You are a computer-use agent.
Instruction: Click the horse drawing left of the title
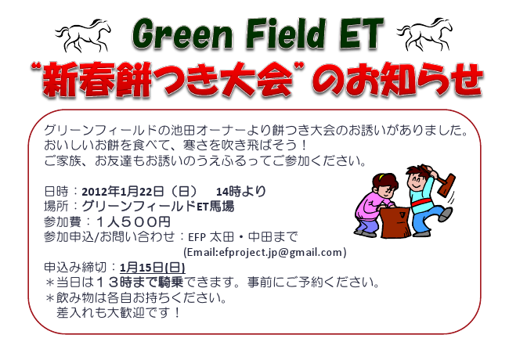pyautogui.click(x=83, y=34)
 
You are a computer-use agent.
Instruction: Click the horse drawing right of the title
pyautogui.click(x=424, y=34)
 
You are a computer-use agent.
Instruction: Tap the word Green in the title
pyautogui.click(x=182, y=34)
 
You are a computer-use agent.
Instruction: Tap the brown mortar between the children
pyautogui.click(x=395, y=222)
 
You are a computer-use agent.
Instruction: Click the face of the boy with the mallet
pyautogui.click(x=417, y=181)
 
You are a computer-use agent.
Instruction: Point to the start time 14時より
pyautogui.click(x=241, y=192)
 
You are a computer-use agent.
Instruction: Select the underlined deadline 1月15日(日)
pyautogui.click(x=153, y=268)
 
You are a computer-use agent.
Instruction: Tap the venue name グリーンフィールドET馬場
pyautogui.click(x=157, y=207)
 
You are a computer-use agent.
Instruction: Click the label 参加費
pyautogui.click(x=63, y=221)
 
